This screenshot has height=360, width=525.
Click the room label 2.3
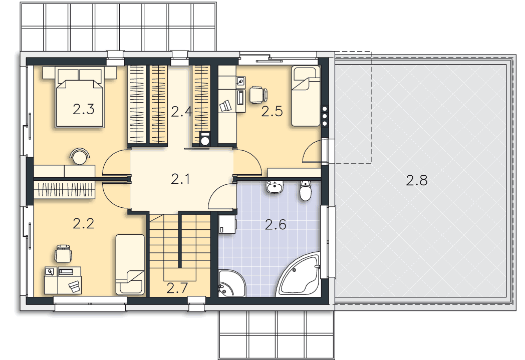tap(83, 110)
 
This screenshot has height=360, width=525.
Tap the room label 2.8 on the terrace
tap(416, 180)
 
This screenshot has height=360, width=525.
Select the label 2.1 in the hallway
tap(180, 179)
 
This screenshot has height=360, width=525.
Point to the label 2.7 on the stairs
tap(177, 288)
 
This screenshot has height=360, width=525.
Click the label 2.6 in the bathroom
tap(276, 224)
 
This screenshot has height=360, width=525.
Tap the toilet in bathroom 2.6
tap(306, 190)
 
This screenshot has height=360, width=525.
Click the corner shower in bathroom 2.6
tap(231, 283)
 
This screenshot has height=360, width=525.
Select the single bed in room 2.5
tap(306, 96)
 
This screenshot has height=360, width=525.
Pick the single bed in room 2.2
tap(130, 264)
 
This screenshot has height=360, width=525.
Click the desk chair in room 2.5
tap(258, 94)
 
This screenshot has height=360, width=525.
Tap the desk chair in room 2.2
tap(63, 253)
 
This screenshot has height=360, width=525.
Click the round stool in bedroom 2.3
tap(80, 156)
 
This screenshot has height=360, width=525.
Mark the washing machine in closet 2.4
tap(204, 139)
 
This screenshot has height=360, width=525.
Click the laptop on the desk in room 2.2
tap(75, 286)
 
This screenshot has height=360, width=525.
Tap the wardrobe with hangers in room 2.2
tap(64, 190)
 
